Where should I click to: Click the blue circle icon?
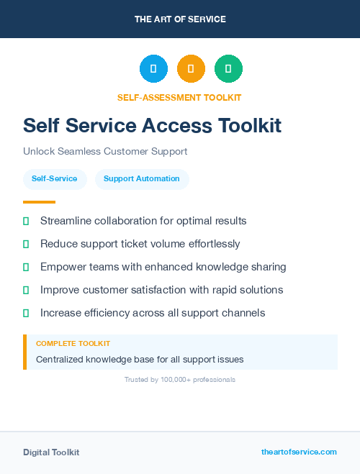click(153, 69)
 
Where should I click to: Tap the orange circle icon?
click(191, 69)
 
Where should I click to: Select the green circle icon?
click(228, 69)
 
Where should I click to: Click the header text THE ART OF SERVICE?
click(180, 19)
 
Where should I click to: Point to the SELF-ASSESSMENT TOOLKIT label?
click(179, 97)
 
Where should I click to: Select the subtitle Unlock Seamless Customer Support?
click(105, 152)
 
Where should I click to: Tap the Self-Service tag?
click(55, 179)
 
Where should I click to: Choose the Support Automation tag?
click(142, 179)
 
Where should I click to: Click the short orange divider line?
click(39, 202)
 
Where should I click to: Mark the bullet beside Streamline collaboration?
click(26, 221)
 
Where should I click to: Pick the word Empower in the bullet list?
click(63, 267)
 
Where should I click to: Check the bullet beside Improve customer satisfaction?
click(26, 290)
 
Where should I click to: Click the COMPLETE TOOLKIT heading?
click(73, 344)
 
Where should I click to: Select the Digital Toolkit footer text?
click(51, 452)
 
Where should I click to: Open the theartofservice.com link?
click(299, 452)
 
